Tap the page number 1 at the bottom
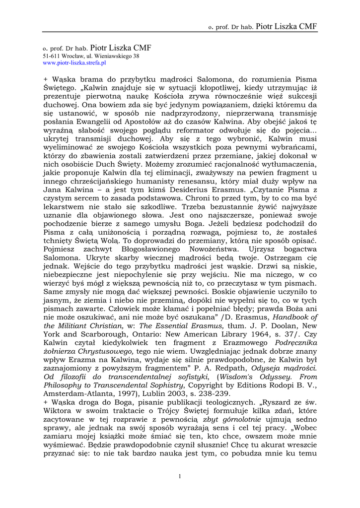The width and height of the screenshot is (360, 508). click(x=179, y=476)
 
